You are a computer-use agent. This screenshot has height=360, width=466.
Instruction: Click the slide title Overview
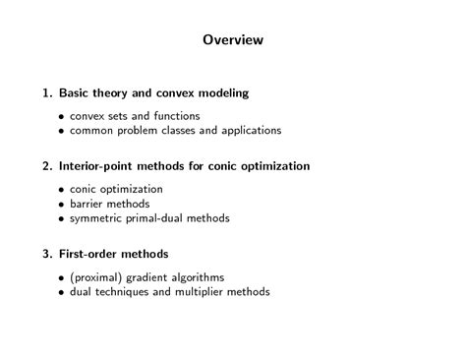pyautogui.click(x=233, y=40)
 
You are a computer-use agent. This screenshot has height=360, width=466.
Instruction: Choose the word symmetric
pyautogui.click(x=96, y=218)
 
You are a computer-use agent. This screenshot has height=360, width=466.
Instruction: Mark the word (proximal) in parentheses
pyautogui.click(x=97, y=276)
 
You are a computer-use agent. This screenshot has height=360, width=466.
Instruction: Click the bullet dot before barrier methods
pyautogui.click(x=61, y=204)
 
